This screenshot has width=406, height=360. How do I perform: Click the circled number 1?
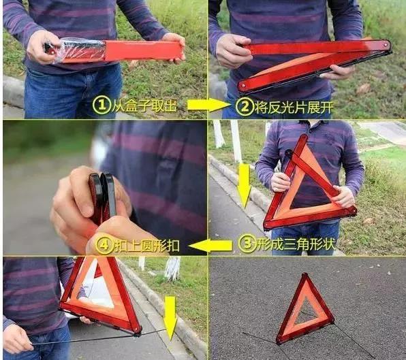101,105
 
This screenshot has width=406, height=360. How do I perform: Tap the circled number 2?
244,106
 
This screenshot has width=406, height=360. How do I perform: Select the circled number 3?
247,244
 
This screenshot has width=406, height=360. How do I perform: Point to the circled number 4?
104,245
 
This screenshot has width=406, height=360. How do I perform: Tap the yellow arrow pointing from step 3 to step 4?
210,246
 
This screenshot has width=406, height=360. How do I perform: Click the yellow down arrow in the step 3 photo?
244,186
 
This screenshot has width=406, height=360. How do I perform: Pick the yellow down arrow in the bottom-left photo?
170,318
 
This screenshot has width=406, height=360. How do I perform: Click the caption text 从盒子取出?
144,105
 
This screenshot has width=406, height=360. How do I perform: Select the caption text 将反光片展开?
294,107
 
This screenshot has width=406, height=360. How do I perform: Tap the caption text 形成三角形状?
296,244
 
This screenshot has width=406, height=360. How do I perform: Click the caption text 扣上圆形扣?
147,245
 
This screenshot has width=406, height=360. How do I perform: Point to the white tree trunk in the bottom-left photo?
173,268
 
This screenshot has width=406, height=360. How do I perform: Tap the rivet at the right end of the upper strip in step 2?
386,45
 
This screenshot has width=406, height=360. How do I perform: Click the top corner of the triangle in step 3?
304,136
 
